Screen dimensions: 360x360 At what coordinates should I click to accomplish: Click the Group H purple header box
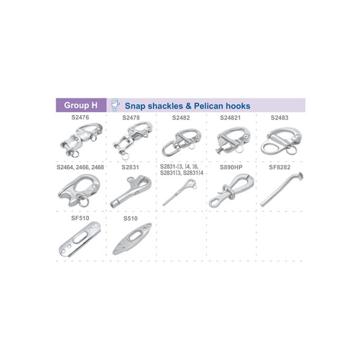tap(81, 105)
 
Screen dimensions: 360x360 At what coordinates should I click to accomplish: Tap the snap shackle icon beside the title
tap(115, 105)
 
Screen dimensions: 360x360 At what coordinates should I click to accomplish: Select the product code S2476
tap(80, 118)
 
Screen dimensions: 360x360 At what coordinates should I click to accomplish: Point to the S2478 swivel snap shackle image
tap(133, 140)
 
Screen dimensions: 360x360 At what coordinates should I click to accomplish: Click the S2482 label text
tap(181, 118)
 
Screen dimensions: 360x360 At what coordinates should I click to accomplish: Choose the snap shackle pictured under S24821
tap(233, 140)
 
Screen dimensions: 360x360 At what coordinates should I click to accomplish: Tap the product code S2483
tap(280, 118)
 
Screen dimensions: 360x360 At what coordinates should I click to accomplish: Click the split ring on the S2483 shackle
tap(291, 149)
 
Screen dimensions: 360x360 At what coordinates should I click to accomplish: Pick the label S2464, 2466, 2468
tap(80, 167)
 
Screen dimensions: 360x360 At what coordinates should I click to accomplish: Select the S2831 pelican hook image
tap(131, 191)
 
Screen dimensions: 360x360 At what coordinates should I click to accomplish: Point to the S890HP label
tap(231, 167)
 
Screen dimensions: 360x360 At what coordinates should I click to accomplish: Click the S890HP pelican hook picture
tap(232, 191)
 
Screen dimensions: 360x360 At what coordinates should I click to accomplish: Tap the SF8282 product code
tap(280, 167)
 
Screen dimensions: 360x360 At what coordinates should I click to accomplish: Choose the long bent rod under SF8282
tap(281, 190)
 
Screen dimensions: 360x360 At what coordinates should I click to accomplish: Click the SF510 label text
tap(80, 218)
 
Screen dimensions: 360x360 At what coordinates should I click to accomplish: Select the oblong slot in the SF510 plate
tap(80, 237)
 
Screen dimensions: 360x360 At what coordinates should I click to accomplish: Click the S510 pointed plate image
tap(132, 239)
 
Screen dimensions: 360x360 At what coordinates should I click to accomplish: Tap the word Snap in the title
tap(135, 106)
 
